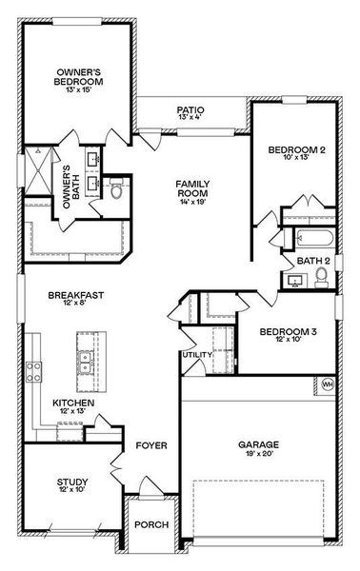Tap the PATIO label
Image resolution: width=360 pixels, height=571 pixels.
[190, 110]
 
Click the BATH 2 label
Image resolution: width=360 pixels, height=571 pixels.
[312, 260]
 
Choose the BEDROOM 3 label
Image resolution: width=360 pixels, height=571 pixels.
[288, 332]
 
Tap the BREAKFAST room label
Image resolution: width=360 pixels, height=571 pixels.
[76, 296]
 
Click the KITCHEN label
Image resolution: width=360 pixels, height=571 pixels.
[72, 404]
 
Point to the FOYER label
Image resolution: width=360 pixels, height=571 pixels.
[151, 444]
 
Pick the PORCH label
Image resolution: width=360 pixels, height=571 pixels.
[152, 524]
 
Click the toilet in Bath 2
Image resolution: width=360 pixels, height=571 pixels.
[321, 277]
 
